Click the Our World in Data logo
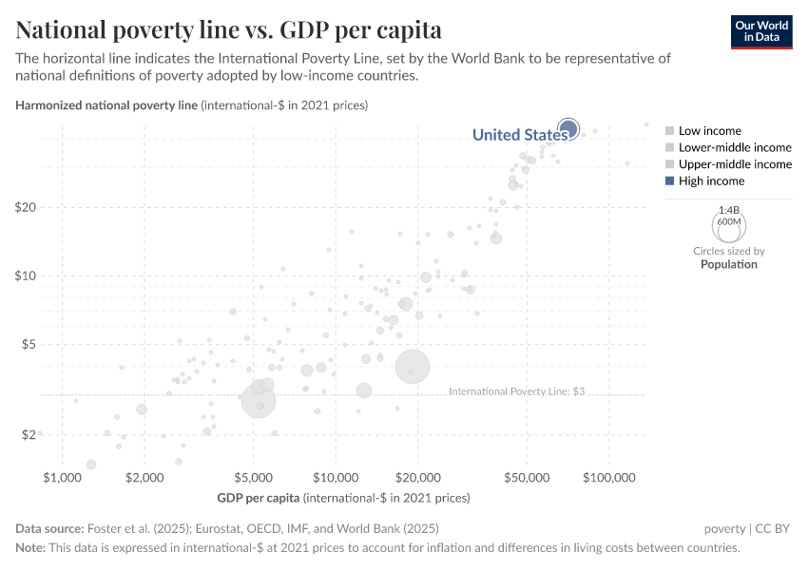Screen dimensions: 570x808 pyautogui.click(x=760, y=31)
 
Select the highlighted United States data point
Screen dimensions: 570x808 pyautogui.click(x=568, y=128)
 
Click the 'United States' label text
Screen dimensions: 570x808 pyautogui.click(x=519, y=135)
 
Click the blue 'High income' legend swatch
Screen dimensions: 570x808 pyautogui.click(x=670, y=180)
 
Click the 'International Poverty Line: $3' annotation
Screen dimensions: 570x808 pyautogui.click(x=516, y=391)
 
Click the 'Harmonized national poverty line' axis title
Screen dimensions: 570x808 pyautogui.click(x=106, y=104)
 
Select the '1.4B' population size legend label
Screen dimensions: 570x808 pyautogui.click(x=729, y=209)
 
